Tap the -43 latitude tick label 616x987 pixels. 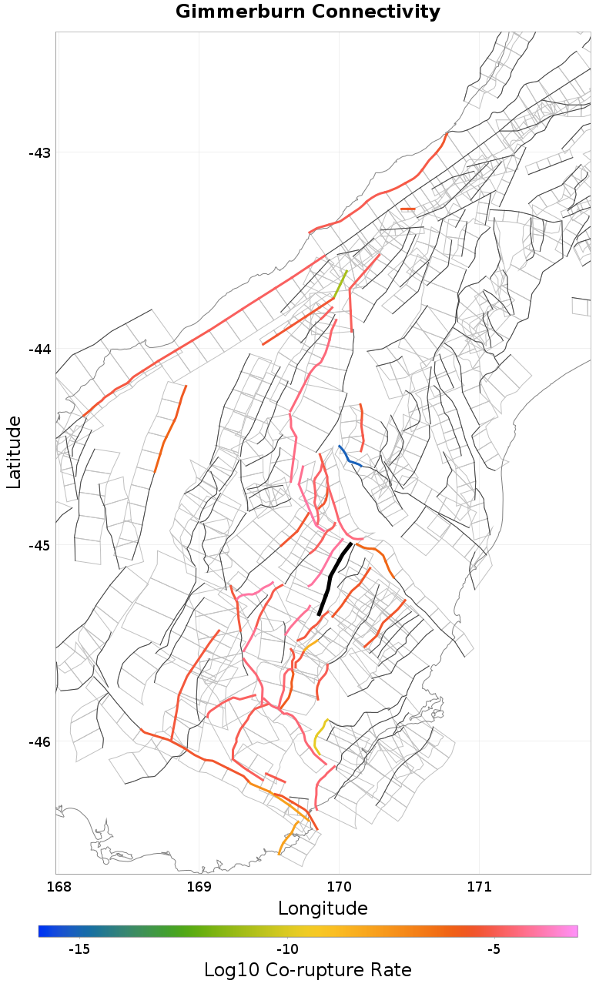point(39,152)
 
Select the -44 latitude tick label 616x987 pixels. point(39,349)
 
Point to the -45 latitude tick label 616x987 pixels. point(39,545)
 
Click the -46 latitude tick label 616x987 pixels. point(39,741)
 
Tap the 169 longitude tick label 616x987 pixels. point(199,886)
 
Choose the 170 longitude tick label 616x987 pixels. point(339,886)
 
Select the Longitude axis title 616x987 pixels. point(323,908)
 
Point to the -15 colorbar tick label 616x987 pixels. point(79,949)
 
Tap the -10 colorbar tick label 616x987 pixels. point(287,949)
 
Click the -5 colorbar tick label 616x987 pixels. point(494,949)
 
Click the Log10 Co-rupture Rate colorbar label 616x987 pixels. point(308,970)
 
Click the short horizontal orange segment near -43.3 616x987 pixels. point(407,209)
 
